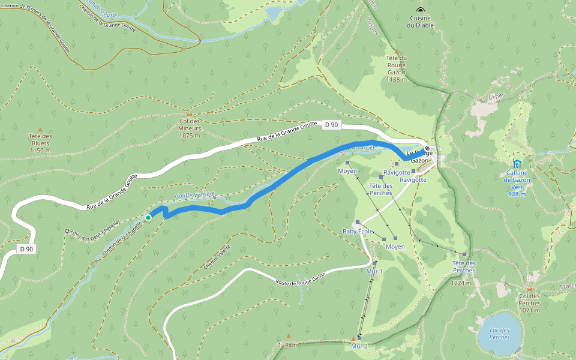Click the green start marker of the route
148,217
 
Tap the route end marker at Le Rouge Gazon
427,148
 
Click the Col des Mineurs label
190,128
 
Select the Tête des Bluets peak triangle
40,130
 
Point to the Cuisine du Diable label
420,22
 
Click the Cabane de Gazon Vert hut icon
517,163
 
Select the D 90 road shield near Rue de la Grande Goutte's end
331,125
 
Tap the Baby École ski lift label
358,231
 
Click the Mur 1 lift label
374,271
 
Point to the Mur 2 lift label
359,346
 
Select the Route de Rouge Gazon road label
300,279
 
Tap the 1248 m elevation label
289,344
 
